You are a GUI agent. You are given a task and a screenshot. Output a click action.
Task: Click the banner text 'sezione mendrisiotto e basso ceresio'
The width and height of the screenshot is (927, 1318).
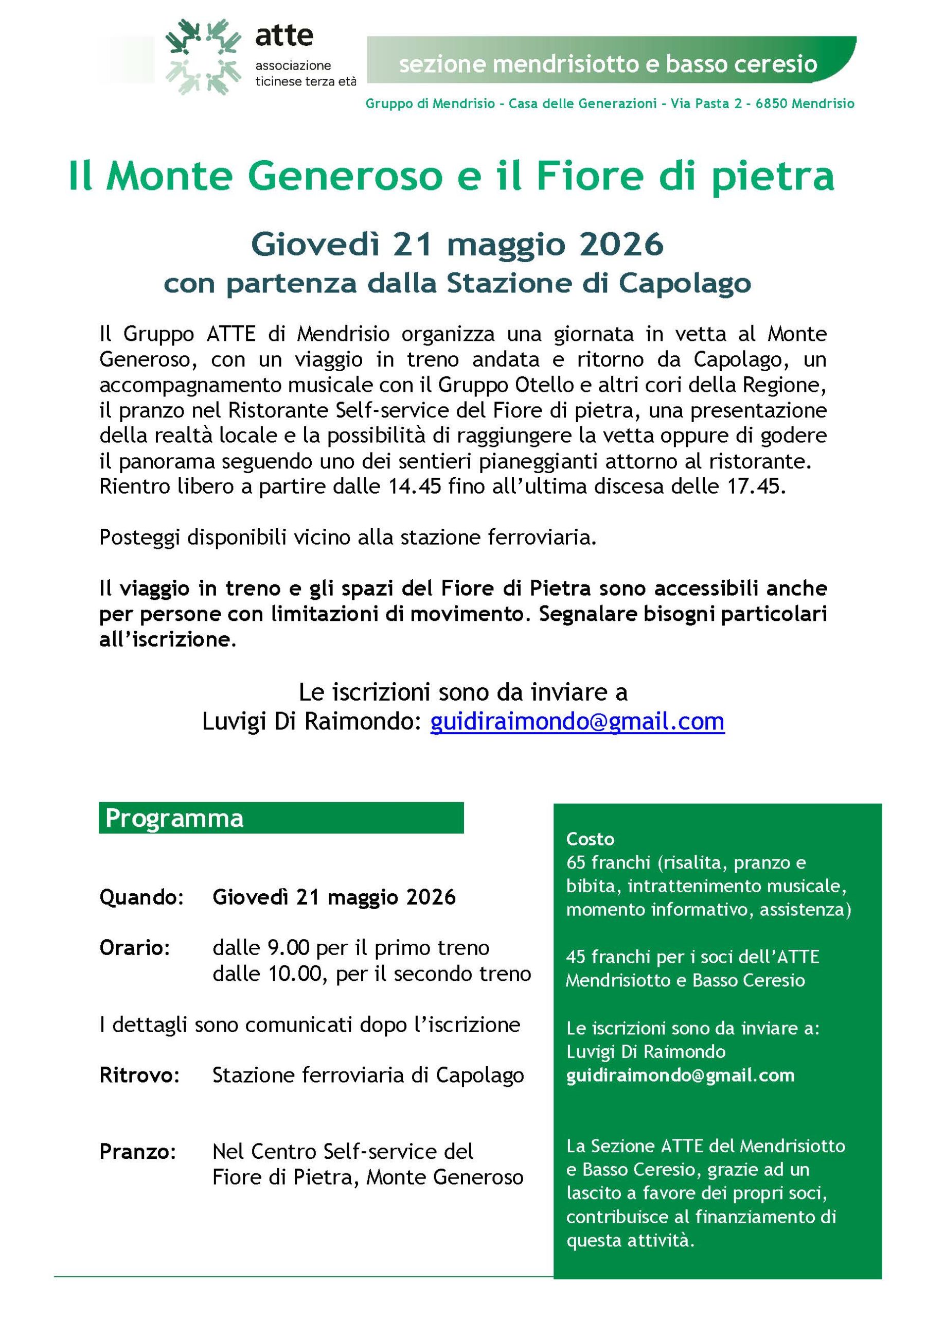608,64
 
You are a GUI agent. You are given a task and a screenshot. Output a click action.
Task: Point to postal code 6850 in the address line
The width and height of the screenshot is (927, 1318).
771,104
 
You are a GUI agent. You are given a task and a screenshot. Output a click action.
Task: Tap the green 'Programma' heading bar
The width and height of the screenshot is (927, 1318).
280,818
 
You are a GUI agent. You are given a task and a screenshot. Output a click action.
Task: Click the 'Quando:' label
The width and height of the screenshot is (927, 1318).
141,897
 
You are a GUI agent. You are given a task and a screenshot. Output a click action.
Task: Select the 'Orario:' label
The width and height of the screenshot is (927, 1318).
135,948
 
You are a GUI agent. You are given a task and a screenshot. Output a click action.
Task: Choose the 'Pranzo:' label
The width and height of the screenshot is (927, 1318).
138,1152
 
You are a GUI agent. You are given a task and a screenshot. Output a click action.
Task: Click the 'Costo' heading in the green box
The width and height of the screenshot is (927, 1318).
590,839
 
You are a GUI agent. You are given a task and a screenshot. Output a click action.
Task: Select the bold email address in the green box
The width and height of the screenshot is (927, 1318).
680,1075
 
